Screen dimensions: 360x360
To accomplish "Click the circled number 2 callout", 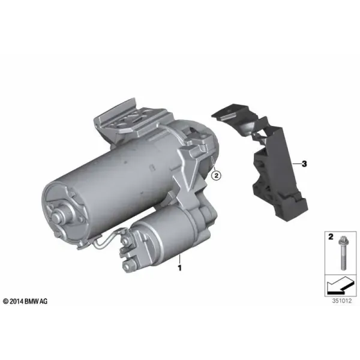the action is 216,176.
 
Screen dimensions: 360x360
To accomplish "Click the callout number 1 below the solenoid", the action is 180,268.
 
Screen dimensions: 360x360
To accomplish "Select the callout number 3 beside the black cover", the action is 304,164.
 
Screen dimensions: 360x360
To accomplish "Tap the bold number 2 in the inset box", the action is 331,237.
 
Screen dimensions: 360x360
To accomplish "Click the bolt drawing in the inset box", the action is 343,253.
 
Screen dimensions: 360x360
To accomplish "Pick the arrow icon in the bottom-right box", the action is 339,286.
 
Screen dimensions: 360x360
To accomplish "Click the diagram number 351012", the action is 341,301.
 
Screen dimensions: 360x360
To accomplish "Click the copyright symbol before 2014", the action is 6,301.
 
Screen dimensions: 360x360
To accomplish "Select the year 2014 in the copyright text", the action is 17,301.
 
